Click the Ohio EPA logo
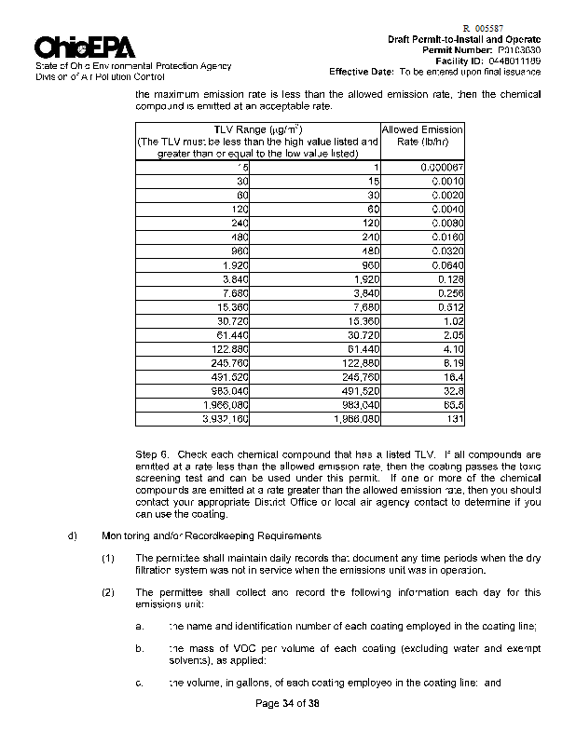pos(85,47)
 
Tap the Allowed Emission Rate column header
pos(422,135)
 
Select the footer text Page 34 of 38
pos(288,703)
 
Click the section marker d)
pos(72,535)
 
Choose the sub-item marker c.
pos(139,683)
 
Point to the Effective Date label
pos(362,71)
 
